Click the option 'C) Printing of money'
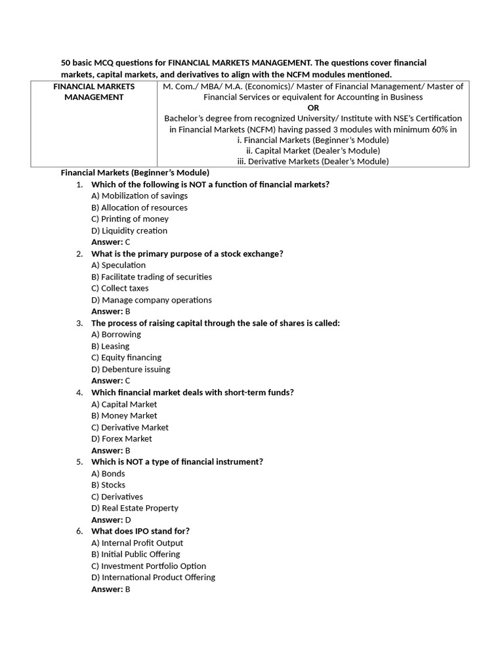click(130, 219)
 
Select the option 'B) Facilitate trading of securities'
click(152, 277)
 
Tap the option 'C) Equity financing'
click(126, 358)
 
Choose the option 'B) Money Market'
click(124, 415)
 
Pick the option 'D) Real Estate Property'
click(135, 508)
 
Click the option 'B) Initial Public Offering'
click(135, 555)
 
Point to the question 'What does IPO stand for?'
click(140, 531)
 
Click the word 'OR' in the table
click(313, 108)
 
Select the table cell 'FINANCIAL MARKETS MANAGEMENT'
click(94, 92)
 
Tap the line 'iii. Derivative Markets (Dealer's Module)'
click(313, 161)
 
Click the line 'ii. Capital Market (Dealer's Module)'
click(313, 150)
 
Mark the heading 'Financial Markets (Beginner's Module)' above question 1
click(135, 173)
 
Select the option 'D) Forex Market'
click(121, 438)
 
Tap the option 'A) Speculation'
click(118, 265)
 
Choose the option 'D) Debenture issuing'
click(131, 369)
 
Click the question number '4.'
click(79, 392)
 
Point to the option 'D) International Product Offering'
click(153, 577)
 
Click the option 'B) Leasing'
click(110, 346)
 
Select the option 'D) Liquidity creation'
click(129, 230)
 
